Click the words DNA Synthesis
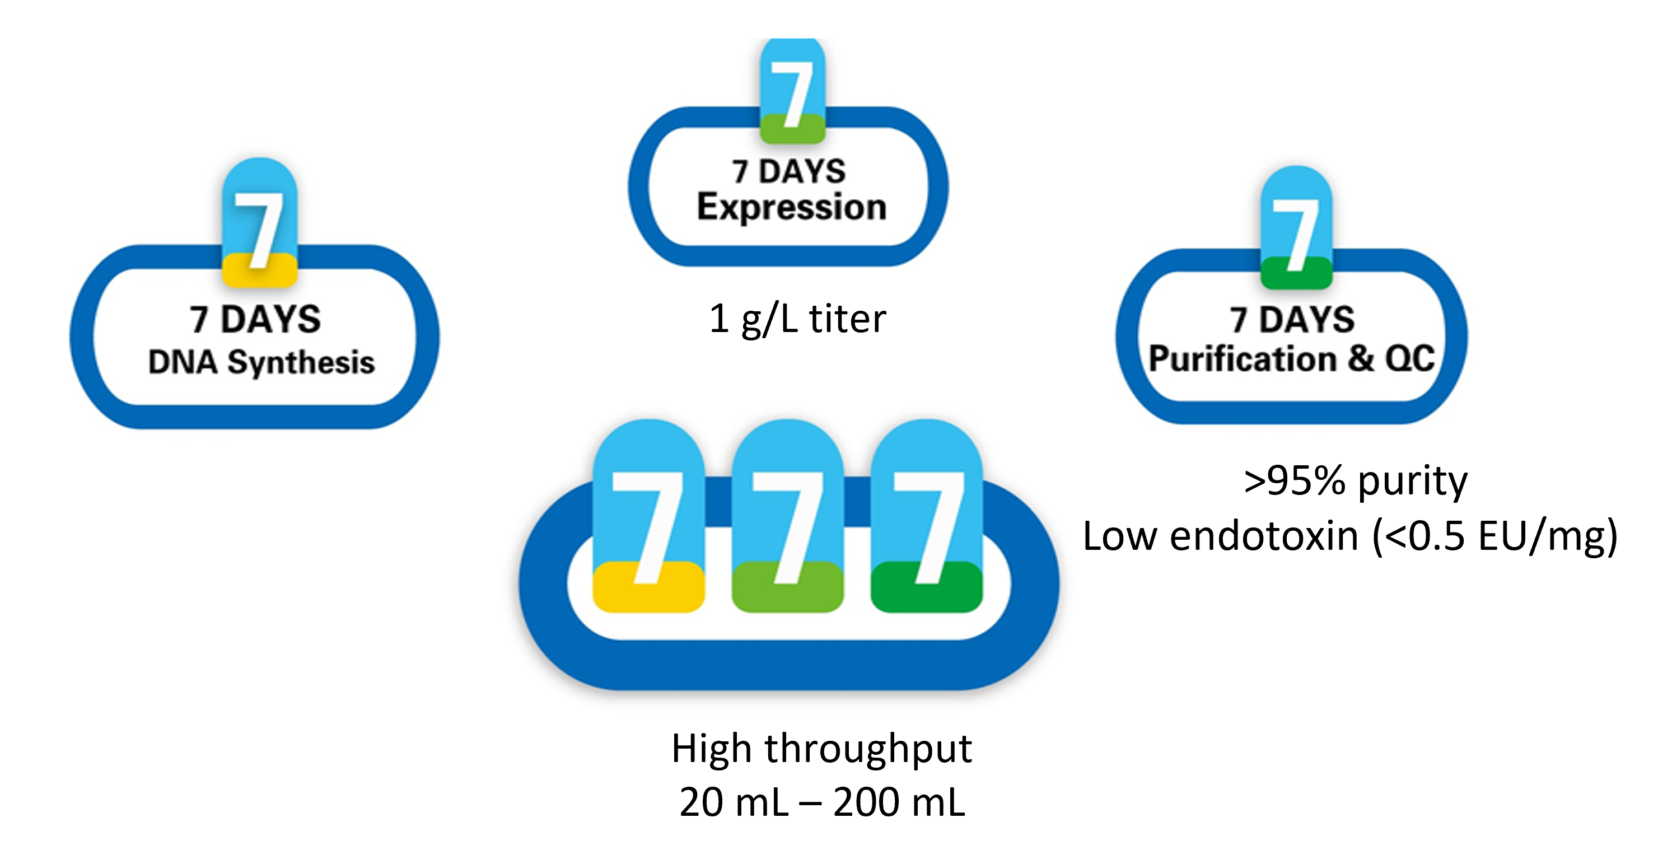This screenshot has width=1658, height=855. point(261,362)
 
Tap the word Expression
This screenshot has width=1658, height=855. point(792,207)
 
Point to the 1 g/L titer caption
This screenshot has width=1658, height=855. point(797,318)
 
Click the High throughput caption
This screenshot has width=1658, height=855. point(821,748)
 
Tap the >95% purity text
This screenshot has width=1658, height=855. point(1356,480)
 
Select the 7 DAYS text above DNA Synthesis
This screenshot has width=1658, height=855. point(255,319)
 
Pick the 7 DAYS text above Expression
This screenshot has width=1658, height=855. point(789,171)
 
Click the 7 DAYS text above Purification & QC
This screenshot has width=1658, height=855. point(1292,319)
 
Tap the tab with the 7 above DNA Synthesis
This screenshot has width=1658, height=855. point(259,222)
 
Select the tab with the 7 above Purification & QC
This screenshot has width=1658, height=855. point(1296,228)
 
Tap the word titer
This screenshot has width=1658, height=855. point(847,318)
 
